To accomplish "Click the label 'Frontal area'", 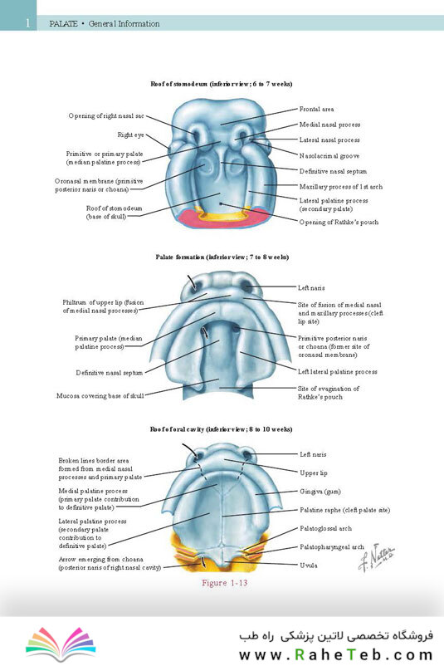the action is [x=316, y=109].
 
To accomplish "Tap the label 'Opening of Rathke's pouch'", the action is [x=339, y=223].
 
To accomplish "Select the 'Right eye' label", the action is [x=131, y=135].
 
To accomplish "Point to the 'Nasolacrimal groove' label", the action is [x=329, y=156].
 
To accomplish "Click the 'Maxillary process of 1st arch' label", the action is [x=341, y=187].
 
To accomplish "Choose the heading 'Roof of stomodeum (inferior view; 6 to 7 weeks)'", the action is [x=222, y=84].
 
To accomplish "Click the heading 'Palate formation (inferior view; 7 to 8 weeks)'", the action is [x=222, y=257].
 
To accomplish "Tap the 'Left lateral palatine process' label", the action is [x=337, y=372].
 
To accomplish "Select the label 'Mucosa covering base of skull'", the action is [x=100, y=396].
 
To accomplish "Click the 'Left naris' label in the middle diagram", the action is [x=311, y=288].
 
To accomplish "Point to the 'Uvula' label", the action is [x=309, y=566].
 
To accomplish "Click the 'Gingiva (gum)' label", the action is [x=320, y=492].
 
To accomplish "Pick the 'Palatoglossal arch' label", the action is [x=325, y=528].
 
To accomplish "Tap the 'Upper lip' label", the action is [x=313, y=473].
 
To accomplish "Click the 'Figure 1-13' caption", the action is [x=224, y=583].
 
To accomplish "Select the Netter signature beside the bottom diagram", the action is [x=376, y=557].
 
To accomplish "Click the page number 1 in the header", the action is [x=27, y=23].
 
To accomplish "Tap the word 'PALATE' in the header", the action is [x=63, y=24].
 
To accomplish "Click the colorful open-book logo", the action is [x=61, y=644].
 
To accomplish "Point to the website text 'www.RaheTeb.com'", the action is [x=336, y=654].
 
